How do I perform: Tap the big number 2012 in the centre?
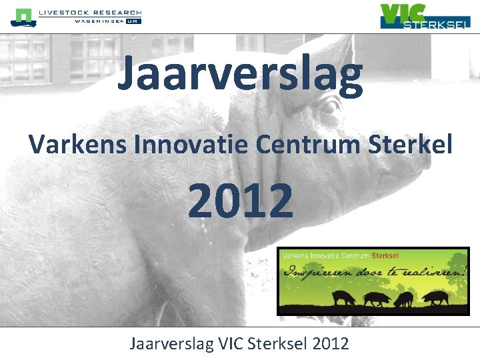click(240, 200)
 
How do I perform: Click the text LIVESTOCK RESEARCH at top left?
click(90, 13)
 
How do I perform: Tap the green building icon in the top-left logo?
click(23, 17)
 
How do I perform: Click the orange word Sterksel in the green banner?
click(385, 255)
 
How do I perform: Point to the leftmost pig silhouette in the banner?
click(344, 298)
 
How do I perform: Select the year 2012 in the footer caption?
click(330, 344)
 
